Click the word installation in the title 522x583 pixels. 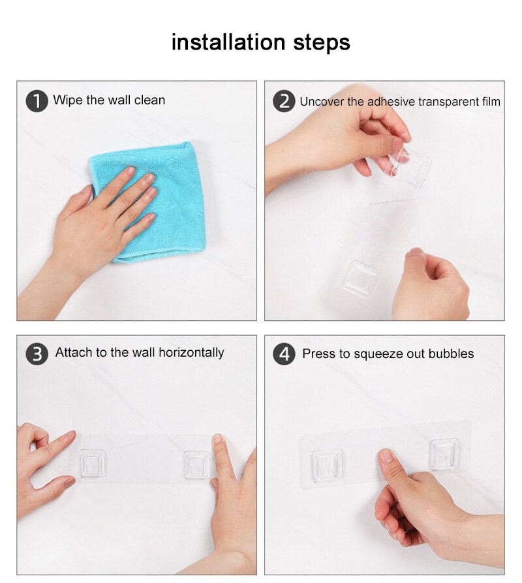228,42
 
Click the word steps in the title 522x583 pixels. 322,43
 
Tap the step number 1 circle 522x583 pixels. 37,101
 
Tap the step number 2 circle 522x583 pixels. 284,101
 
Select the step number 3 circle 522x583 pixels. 37,353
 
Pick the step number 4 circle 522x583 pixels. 284,353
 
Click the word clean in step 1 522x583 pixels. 149,100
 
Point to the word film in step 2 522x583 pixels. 489,102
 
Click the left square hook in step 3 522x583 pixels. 91,463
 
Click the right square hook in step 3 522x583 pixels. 197,465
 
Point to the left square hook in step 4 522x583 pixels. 327,466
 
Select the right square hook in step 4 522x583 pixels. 444,455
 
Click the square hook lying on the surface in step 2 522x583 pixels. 361,278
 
